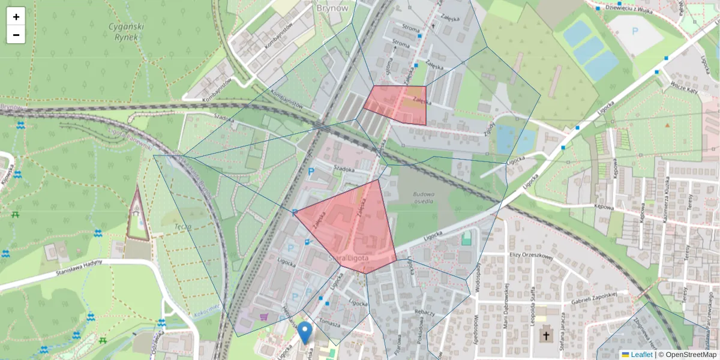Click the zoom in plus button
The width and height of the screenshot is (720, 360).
pyautogui.click(x=16, y=17)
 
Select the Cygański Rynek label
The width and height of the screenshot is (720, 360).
pyautogui.click(x=124, y=31)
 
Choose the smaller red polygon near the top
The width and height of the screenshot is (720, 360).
pyautogui.click(x=397, y=104)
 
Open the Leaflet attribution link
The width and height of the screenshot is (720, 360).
pyautogui.click(x=641, y=355)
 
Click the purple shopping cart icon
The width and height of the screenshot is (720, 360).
pyautogui.click(x=263, y=316)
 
